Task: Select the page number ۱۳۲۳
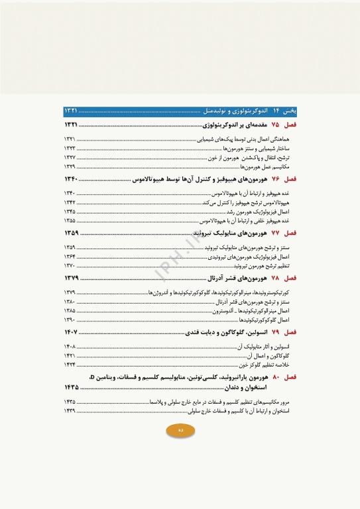point(70,149)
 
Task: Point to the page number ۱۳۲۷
point(70,158)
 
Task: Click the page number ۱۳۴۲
point(70,203)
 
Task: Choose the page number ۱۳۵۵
point(70,221)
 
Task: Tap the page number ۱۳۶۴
point(70,256)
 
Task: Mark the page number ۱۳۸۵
point(70,310)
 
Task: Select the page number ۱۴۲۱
point(70,356)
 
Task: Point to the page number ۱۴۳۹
point(70,411)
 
